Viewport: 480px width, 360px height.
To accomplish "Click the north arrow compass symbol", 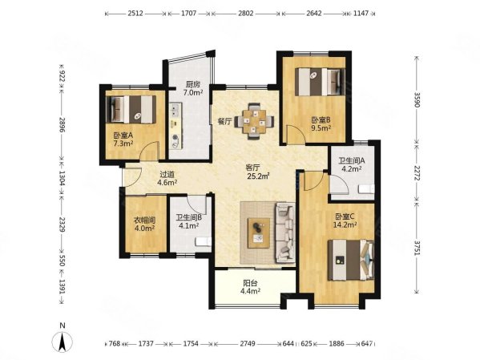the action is tap(63, 342).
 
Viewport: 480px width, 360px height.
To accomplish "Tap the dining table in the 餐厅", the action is tap(254, 121).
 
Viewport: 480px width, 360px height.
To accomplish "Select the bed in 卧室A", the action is tap(131, 110).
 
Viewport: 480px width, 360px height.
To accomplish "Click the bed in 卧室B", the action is tap(320, 82).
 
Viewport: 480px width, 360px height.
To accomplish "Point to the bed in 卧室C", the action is tap(351, 260).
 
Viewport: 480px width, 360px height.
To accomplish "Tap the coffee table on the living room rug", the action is tap(259, 233).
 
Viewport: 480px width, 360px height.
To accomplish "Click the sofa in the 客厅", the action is tap(285, 233).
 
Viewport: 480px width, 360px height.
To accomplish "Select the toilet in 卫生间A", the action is tap(366, 189).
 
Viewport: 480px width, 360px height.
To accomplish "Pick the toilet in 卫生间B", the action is tap(204, 241).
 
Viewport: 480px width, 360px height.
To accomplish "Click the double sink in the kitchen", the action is tap(175, 111).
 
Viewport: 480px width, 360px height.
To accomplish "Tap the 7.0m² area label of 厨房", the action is tap(193, 92).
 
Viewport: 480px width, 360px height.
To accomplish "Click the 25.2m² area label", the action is tap(258, 176).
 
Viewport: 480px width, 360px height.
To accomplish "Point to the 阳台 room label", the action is tap(250, 283).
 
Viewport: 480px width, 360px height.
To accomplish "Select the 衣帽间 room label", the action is tap(145, 220).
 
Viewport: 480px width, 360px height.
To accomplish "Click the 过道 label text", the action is tap(167, 175).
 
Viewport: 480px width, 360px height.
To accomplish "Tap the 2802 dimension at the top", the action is tap(246, 14).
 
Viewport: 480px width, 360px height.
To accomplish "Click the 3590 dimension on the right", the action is tap(417, 100).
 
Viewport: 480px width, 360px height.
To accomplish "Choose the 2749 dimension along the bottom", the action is tap(248, 344).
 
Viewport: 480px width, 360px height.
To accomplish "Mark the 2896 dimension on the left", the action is tap(62, 124).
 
